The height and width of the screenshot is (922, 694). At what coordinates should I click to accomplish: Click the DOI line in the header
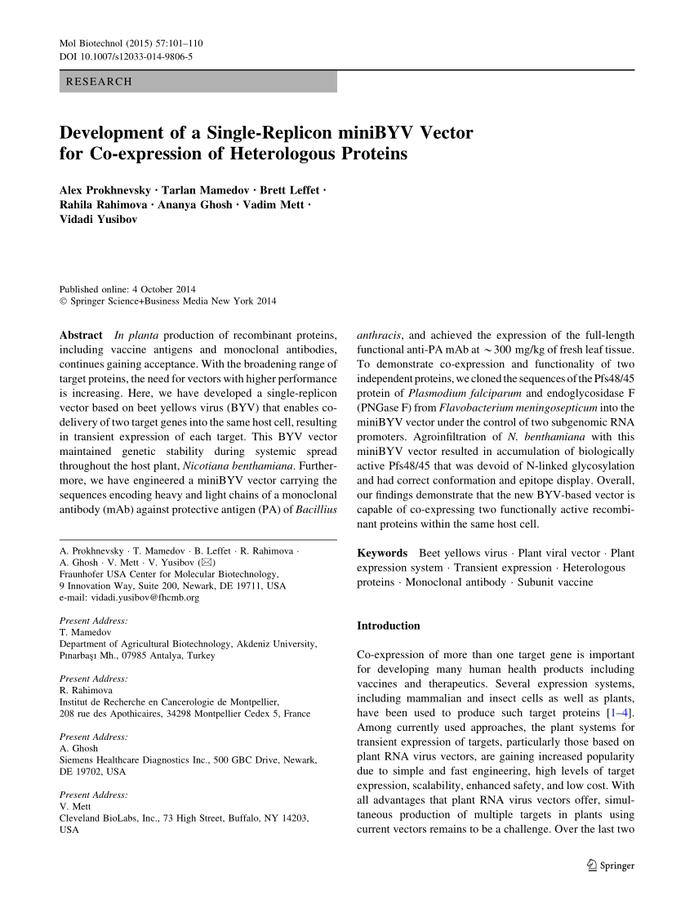coord(127,56)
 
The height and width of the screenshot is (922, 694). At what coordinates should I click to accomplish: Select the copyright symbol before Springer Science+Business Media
coord(64,301)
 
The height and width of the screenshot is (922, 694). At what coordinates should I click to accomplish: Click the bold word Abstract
coord(81,336)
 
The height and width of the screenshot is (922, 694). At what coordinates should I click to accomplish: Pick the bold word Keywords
coord(381,553)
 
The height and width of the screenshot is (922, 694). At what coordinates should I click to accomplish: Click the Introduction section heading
coord(389,626)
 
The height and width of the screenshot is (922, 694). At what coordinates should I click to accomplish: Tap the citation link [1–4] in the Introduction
coord(621,713)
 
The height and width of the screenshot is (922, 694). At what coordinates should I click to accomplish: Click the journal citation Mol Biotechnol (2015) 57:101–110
coord(131,42)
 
